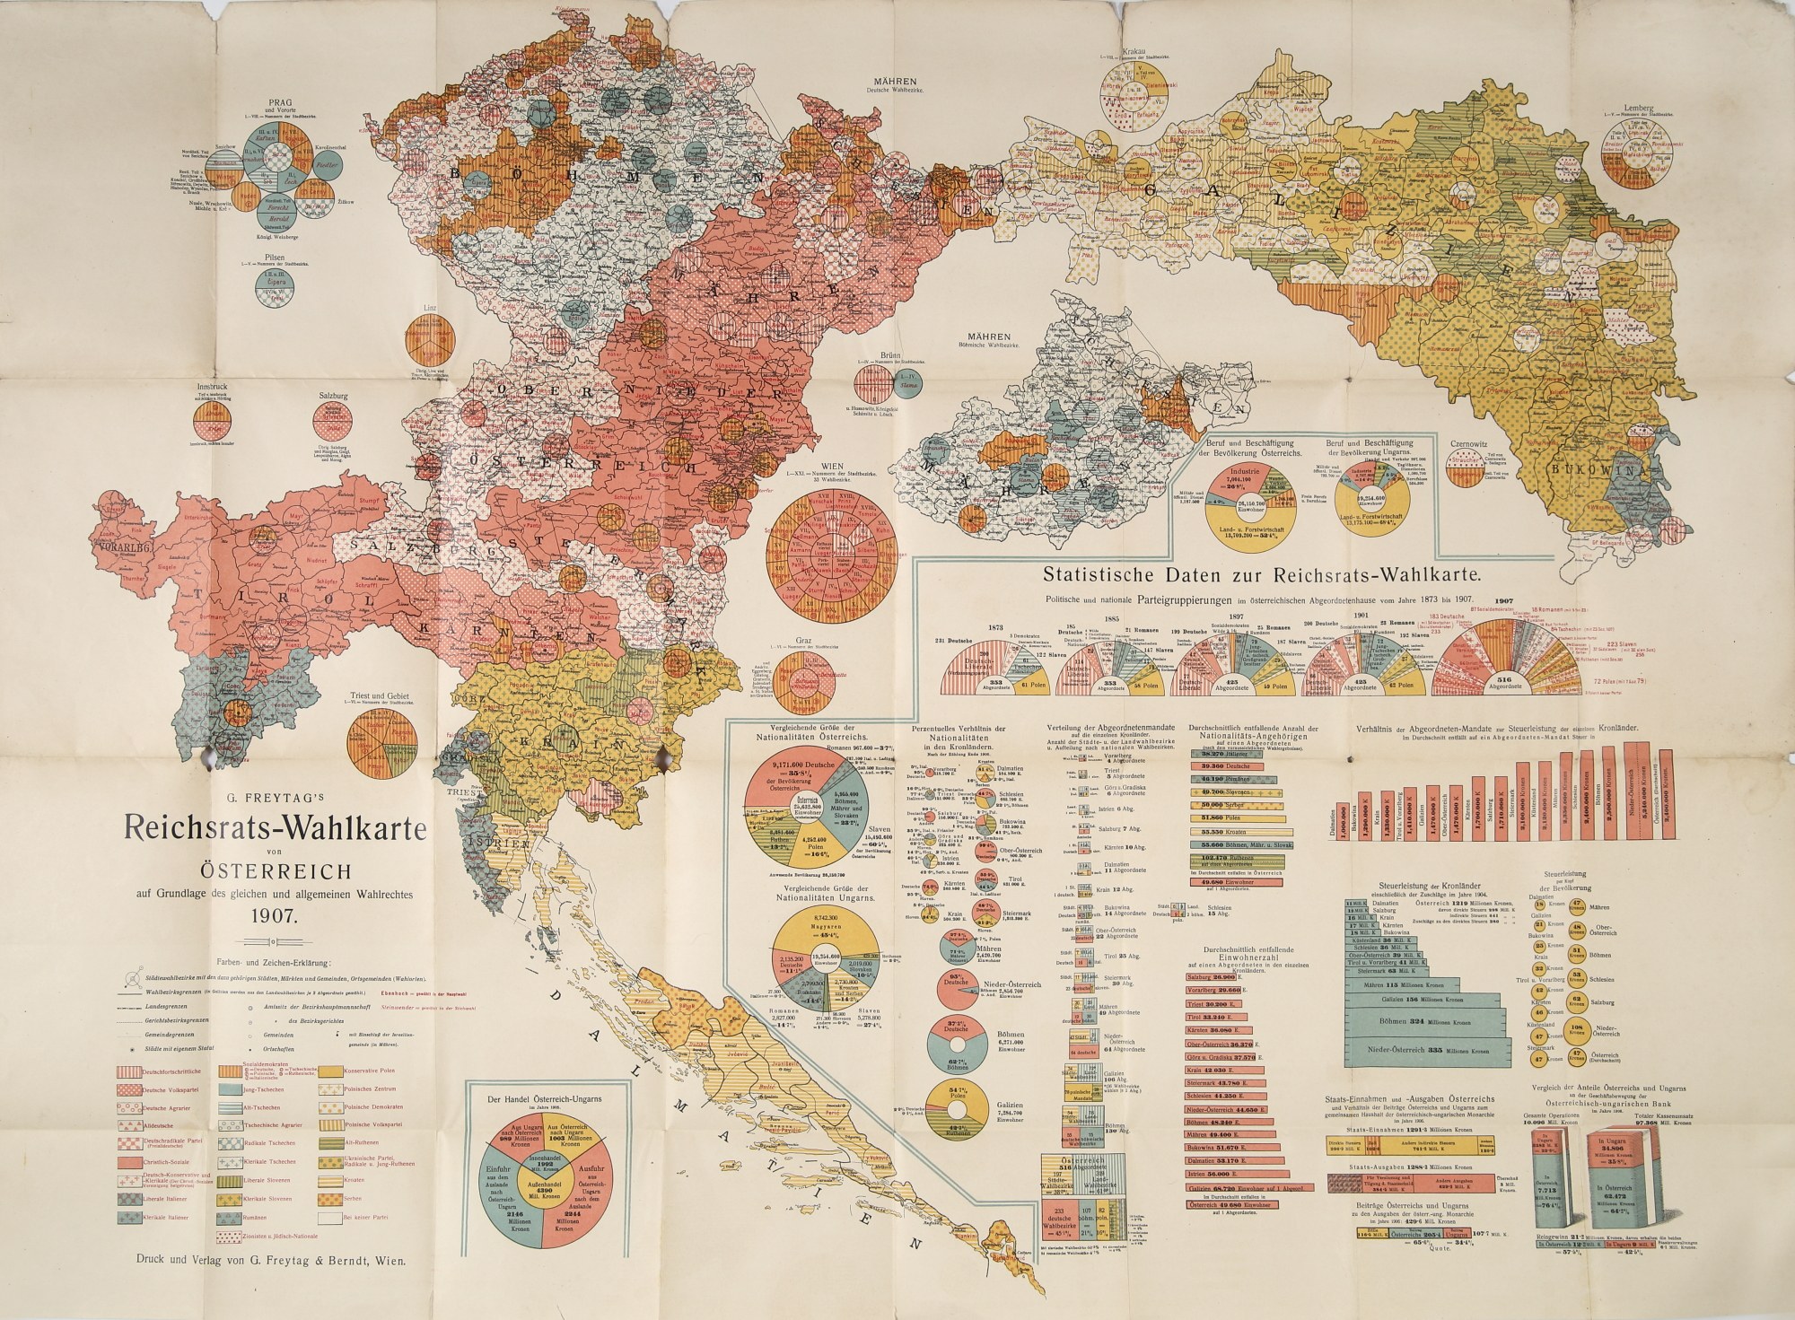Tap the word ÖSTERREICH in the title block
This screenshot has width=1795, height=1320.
[276, 870]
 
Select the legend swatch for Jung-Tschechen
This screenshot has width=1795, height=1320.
[231, 1089]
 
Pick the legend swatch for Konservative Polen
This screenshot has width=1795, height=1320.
[330, 1071]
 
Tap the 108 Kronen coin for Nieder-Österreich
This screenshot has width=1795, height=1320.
[1577, 1031]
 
